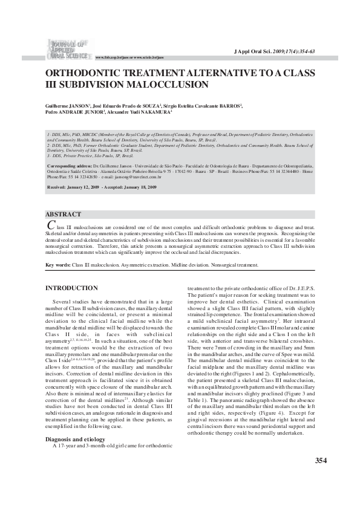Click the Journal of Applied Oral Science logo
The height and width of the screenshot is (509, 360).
65,49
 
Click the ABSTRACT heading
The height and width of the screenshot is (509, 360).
64,215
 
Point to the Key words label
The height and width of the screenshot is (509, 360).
59,265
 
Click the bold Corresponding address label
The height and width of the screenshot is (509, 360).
68,164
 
